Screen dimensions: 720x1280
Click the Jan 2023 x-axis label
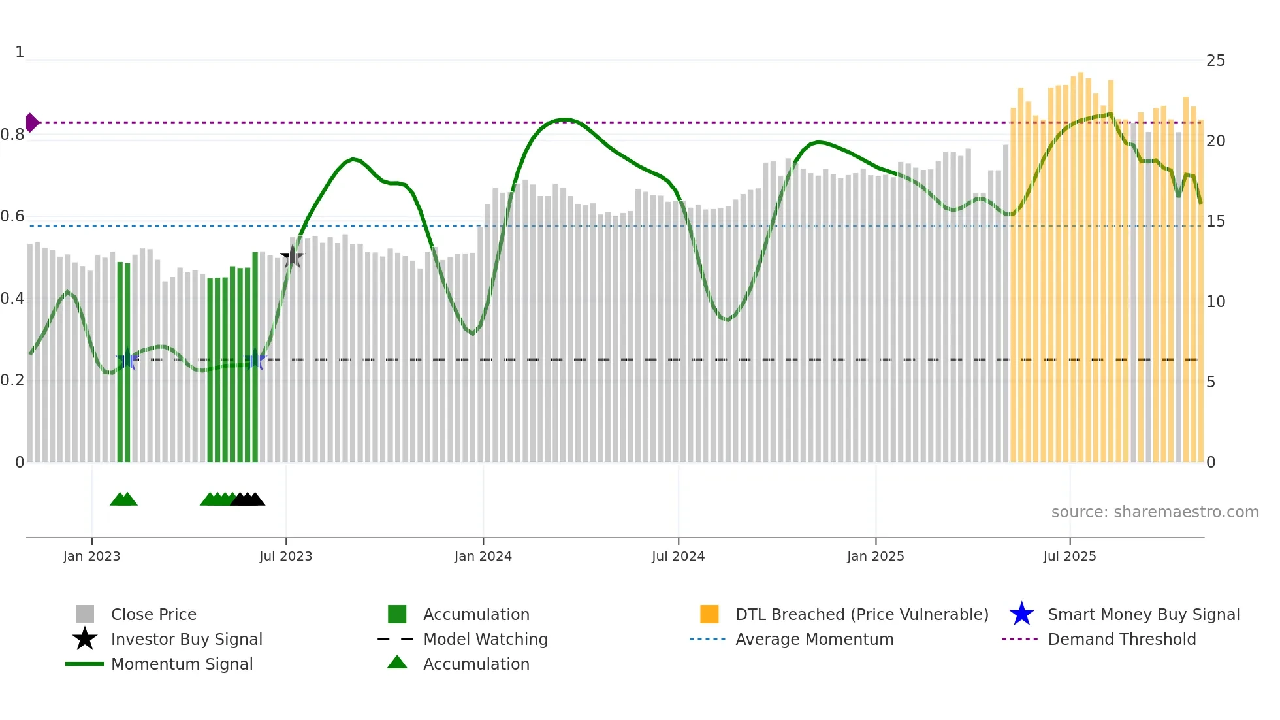91,556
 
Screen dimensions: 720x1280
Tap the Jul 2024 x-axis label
678,556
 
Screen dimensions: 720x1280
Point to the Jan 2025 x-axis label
875,556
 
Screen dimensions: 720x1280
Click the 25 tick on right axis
1215,61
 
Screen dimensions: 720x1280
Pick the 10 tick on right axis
1215,302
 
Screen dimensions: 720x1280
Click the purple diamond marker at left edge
31,122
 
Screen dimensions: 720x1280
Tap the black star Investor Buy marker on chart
292,257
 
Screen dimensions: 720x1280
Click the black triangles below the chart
248,499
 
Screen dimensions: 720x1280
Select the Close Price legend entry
153,614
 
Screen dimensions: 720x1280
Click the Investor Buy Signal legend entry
186,639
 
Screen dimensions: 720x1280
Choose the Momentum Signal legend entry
182,664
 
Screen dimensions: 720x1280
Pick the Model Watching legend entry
485,639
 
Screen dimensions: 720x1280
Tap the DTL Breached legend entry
861,614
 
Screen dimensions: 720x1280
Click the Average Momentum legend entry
814,639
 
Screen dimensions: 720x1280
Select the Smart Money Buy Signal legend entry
1143,614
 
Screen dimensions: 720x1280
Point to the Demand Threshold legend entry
1121,639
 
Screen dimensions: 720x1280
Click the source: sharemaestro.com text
1155,512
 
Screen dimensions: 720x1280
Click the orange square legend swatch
709,614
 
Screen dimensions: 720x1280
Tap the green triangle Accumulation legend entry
475,664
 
